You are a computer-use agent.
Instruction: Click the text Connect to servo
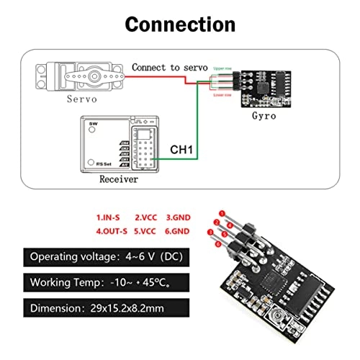[x=165, y=67]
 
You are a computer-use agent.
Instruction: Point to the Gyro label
[x=265, y=115]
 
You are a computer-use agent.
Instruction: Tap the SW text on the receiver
[x=91, y=126]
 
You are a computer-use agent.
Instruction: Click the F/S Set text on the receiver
[x=96, y=163]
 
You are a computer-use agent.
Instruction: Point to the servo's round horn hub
[x=73, y=74]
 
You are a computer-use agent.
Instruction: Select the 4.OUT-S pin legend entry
[x=112, y=232]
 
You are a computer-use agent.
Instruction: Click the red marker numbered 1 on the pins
[x=223, y=213]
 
